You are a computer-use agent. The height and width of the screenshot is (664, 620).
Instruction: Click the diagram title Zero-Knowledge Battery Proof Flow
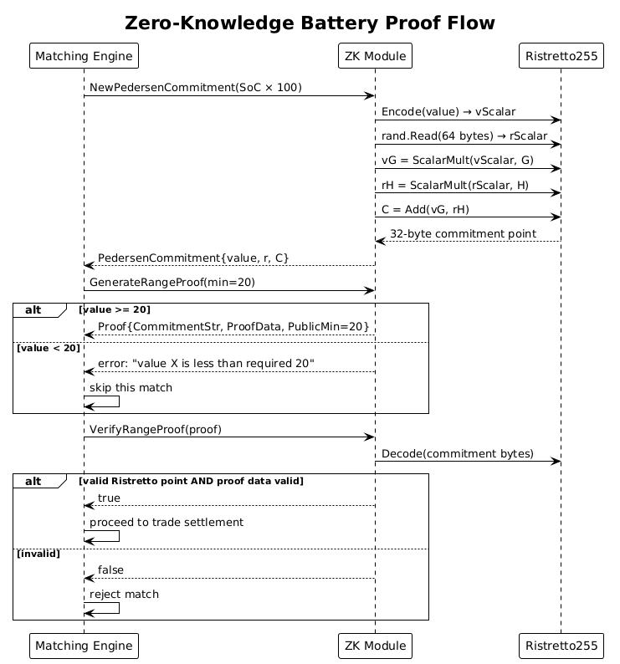310,23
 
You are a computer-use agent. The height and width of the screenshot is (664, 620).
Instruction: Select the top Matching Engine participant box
84,57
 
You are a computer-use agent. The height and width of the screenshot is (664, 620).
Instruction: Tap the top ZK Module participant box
375,57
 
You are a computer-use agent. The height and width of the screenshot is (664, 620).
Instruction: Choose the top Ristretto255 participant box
561,57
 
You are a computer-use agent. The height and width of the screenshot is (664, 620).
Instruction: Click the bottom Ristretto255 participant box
561,646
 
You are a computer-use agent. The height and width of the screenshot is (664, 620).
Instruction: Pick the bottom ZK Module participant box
375,646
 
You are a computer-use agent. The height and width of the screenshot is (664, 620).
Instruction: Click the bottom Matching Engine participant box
84,646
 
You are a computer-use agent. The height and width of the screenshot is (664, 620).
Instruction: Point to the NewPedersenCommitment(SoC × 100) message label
196,88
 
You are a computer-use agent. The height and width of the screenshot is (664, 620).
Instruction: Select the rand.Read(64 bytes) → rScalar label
464,136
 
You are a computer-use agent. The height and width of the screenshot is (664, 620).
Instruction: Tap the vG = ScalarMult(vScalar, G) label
453,161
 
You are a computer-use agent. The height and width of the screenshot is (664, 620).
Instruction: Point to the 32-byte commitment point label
463,233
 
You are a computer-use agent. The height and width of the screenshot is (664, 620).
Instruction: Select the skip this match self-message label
131,388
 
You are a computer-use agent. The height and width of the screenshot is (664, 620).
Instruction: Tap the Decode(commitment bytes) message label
458,453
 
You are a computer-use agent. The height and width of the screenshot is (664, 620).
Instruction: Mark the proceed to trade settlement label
167,522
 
